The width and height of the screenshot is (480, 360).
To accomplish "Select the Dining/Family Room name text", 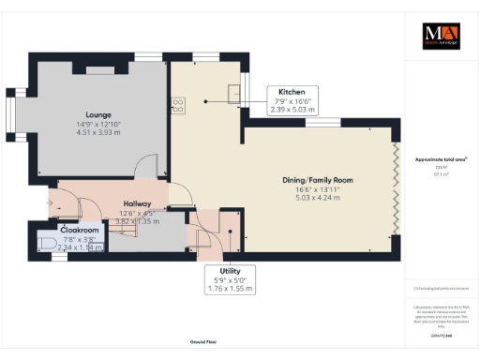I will click(318, 179).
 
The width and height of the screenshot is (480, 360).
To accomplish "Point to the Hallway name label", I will click(138, 202).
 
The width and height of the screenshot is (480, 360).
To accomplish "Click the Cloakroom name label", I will click(80, 230).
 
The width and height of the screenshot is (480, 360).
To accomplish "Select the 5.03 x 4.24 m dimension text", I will click(318, 199).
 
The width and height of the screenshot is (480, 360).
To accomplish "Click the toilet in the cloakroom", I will click(50, 243).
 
